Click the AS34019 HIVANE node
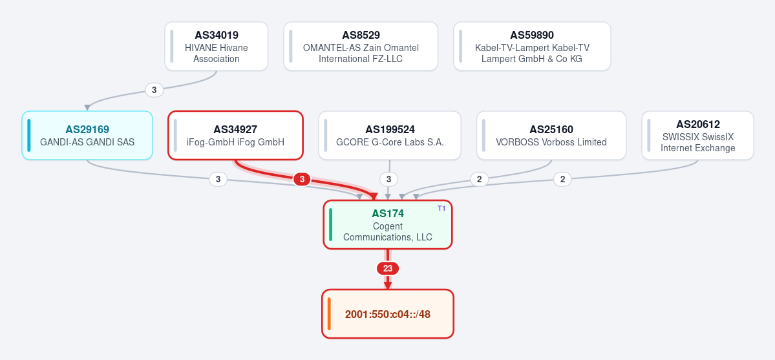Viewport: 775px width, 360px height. point(217,47)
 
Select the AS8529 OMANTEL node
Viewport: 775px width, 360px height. point(361,47)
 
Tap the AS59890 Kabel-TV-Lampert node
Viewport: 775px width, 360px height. point(532,47)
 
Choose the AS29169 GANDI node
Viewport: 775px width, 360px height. point(87,136)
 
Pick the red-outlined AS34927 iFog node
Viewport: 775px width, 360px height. point(235,136)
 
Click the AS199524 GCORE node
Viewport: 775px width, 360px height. point(390,136)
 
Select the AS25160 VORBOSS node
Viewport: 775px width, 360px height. point(551,136)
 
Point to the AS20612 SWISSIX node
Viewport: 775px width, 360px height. point(697,136)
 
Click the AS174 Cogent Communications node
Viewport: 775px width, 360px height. point(388,224)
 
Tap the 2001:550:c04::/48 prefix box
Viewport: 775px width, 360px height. point(388,314)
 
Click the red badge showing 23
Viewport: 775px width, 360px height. point(388,268)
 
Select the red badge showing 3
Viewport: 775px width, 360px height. point(302,180)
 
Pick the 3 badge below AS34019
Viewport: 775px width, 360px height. point(154,90)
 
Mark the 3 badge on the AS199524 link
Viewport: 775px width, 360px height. point(389,179)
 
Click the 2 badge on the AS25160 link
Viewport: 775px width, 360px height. point(479,179)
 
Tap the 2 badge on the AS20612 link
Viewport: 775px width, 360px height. point(562,179)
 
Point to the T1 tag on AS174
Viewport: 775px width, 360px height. point(441,208)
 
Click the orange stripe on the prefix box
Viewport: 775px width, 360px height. point(329,314)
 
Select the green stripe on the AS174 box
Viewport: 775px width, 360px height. point(331,224)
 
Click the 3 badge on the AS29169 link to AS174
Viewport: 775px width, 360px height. point(218,179)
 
